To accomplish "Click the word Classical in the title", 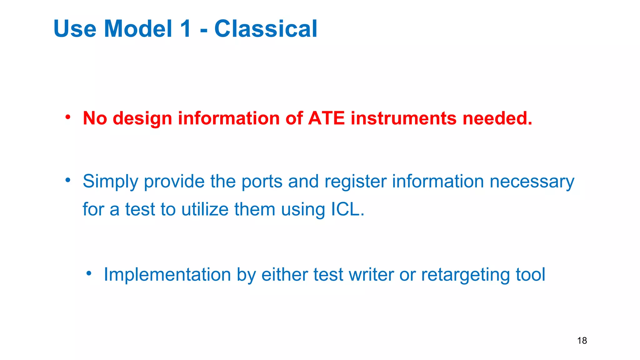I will tap(266, 29).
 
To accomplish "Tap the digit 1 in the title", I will tap(185, 29).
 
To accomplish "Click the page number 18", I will tap(582, 341).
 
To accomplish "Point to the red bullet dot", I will tap(68, 117).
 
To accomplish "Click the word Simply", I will tap(110, 182).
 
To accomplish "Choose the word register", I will tap(356, 182).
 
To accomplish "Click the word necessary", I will tap(532, 182).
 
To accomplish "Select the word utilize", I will tap(205, 209).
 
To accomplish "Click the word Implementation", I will tap(167, 275).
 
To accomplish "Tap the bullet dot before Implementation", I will tap(89, 273).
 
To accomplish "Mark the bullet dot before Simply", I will tap(68, 180).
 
